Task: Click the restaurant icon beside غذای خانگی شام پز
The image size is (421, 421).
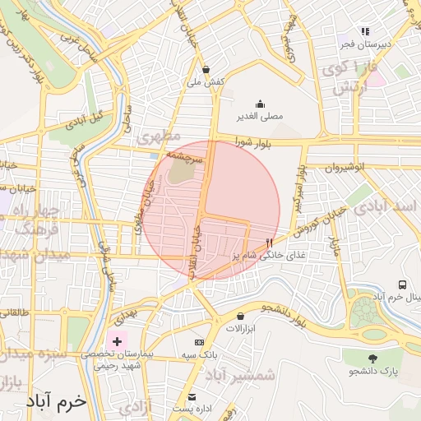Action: coord(270,243)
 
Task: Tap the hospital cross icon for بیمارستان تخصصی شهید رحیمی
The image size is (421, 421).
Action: coord(117,340)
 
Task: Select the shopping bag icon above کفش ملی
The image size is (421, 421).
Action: coord(205,70)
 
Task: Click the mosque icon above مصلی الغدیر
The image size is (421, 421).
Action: coord(260,104)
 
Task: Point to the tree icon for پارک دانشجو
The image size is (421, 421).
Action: coord(372,359)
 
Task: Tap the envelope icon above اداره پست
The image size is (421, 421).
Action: coord(192,396)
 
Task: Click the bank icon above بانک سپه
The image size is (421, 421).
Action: coord(198,342)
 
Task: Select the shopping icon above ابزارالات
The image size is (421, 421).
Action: coord(240,316)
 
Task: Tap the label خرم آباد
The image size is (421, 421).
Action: coord(56,402)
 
